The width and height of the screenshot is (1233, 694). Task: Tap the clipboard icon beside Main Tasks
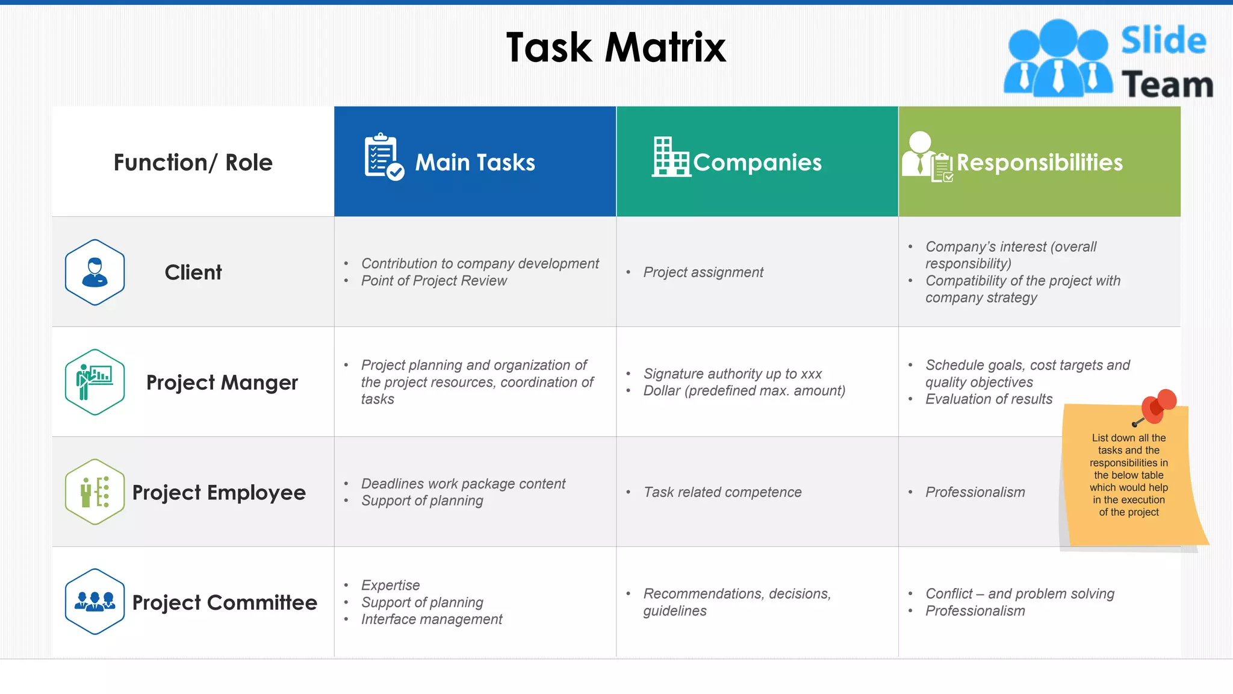pos(383,157)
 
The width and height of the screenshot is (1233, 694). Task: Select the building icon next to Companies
pos(670,157)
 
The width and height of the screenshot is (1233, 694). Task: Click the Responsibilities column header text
pos(1039,163)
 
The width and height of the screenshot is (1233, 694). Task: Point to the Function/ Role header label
pos(193,163)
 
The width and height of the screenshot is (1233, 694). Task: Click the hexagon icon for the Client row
pos(95,272)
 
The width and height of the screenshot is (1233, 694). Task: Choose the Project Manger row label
pos(222,383)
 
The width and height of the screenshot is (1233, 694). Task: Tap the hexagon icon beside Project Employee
pos(95,492)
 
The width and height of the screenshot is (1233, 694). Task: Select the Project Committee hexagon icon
pos(95,602)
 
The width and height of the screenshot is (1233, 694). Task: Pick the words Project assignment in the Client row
pos(703,272)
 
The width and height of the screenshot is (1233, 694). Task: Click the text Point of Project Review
pos(433,281)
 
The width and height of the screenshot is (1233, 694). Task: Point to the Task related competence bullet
pos(722,492)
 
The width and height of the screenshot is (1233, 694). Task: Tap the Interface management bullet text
pos(431,619)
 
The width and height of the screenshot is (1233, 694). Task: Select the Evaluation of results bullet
pos(989,399)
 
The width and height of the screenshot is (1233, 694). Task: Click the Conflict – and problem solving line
pos(1019,594)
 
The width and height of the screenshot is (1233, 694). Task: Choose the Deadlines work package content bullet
pos(463,484)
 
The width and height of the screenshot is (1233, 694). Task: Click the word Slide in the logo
pos(1163,41)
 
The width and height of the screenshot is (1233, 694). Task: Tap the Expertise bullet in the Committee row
pos(390,586)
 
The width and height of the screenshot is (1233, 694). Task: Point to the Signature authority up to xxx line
pos(732,374)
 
